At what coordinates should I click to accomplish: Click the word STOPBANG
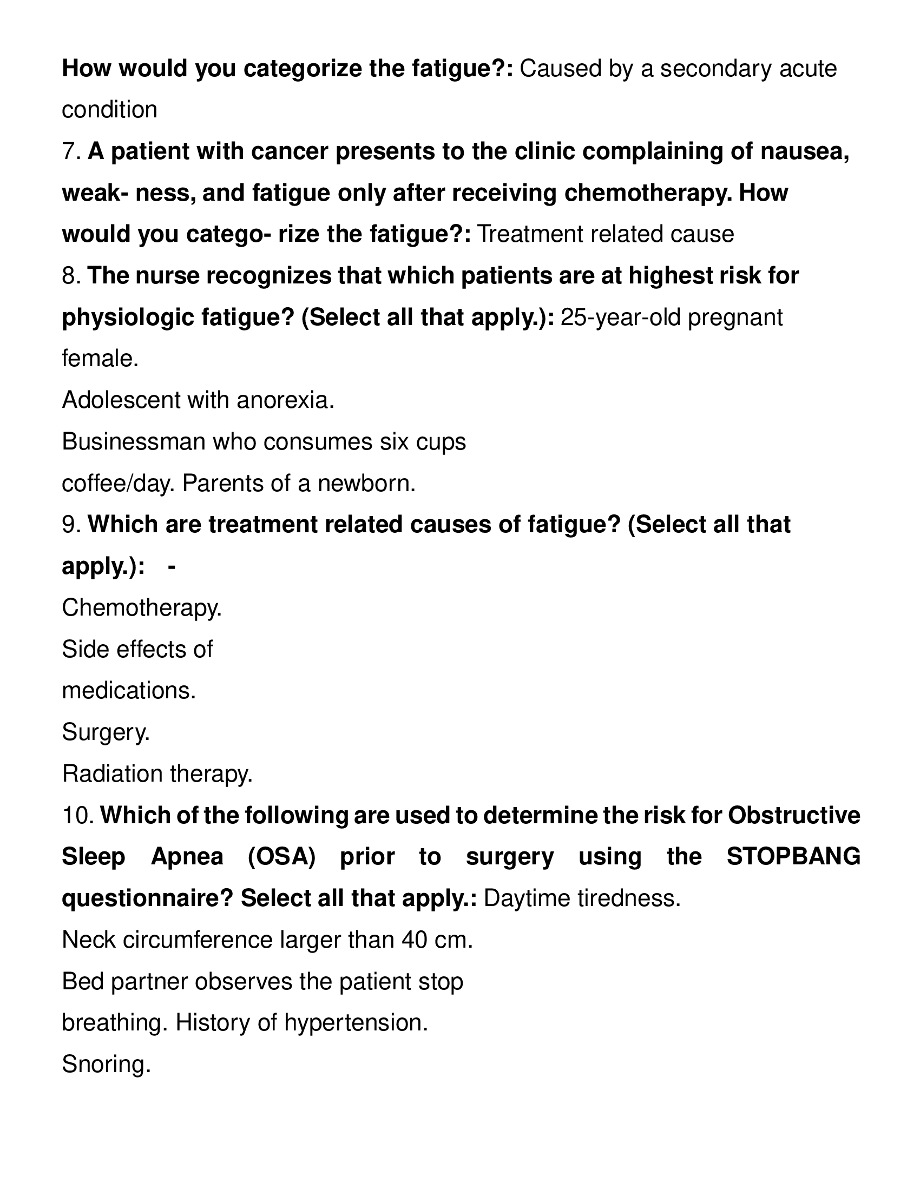point(793,857)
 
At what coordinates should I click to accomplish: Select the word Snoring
point(106,1064)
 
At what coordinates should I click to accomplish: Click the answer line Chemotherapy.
point(142,608)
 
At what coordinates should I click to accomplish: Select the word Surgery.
point(106,732)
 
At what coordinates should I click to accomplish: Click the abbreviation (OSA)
point(281,857)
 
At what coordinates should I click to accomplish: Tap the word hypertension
point(356,1023)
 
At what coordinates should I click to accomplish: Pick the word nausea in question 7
point(804,151)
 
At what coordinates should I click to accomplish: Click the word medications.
point(129,691)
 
